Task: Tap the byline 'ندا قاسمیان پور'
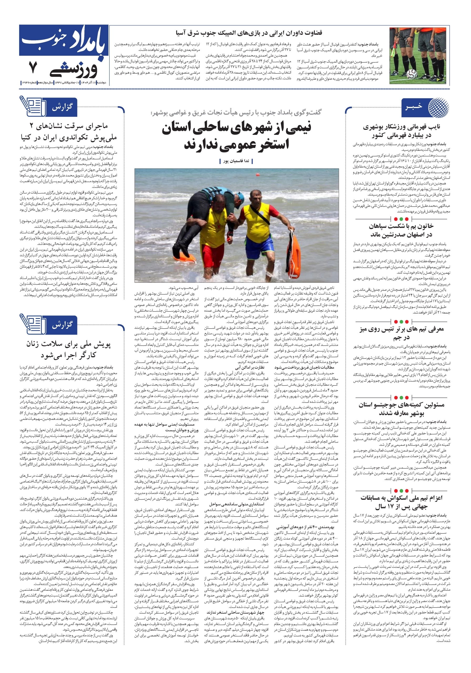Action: click(x=236, y=161)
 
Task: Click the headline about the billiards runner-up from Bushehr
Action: click(x=401, y=131)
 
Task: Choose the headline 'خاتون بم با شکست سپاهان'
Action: click(x=401, y=230)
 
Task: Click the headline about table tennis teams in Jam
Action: click(x=401, y=333)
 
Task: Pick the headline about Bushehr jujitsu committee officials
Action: click(x=401, y=409)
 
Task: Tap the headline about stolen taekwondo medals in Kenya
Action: click(x=69, y=132)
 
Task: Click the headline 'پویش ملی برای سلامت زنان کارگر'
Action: click(x=69, y=349)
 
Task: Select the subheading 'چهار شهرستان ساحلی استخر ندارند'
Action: click(x=239, y=612)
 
